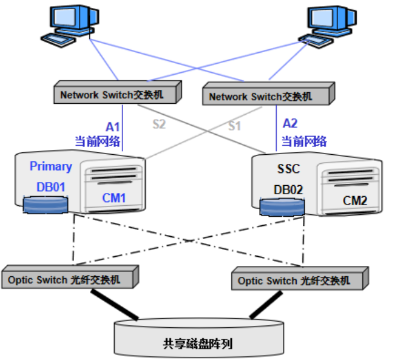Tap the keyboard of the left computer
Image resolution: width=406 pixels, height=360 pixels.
[58, 40]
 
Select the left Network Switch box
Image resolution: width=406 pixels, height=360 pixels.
[118, 92]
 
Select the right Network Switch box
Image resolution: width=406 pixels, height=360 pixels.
[268, 93]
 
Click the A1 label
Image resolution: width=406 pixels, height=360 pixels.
[113, 127]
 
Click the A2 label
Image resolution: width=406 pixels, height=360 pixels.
[290, 123]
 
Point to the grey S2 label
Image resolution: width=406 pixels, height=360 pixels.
[159, 124]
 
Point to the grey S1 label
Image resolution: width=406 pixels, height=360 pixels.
[234, 126]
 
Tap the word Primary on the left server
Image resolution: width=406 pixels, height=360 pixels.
[51, 166]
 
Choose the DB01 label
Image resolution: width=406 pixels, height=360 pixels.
[51, 187]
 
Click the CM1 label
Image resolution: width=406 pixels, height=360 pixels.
[114, 198]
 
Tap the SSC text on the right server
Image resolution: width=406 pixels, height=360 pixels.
[288, 169]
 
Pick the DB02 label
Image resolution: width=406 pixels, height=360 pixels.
[288, 190]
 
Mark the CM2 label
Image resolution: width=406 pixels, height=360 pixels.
[355, 201]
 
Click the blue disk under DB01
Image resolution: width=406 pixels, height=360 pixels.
[46, 205]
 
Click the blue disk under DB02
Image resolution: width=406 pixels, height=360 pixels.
[282, 207]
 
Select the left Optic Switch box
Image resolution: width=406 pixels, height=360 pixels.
[70, 277]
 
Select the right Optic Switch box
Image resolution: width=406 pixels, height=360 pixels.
[300, 278]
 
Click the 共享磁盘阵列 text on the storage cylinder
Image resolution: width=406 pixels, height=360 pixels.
[198, 344]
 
